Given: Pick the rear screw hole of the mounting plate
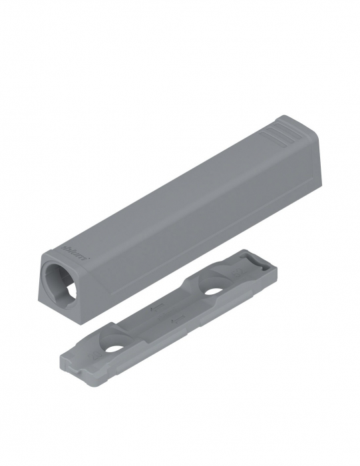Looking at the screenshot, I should coord(214,292).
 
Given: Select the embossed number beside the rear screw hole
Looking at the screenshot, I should coord(237,274).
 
